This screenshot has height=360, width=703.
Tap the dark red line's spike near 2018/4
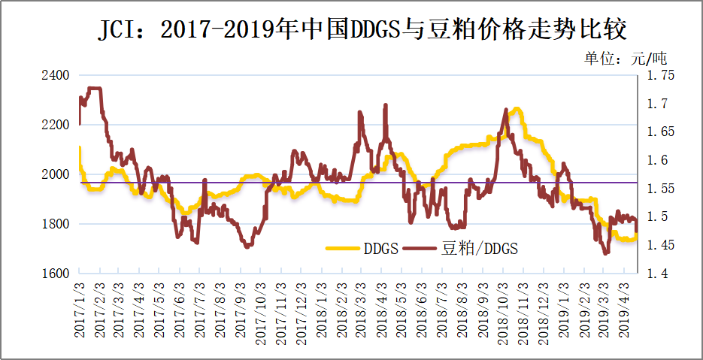386,106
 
